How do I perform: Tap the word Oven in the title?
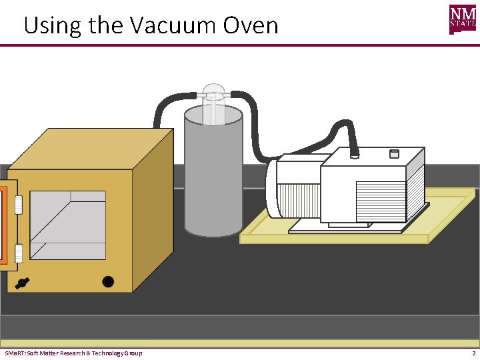pyautogui.click(x=250, y=26)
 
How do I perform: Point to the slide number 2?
pyautogui.click(x=473, y=353)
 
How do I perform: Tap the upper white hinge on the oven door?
pyautogui.click(x=19, y=205)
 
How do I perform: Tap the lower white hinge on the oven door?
pyautogui.click(x=19, y=252)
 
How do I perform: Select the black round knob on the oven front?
pyautogui.click(x=107, y=281)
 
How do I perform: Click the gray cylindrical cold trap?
pyautogui.click(x=213, y=180)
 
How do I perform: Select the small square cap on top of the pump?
pyautogui.click(x=393, y=154)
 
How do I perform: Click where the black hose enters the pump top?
pyautogui.click(x=355, y=154)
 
